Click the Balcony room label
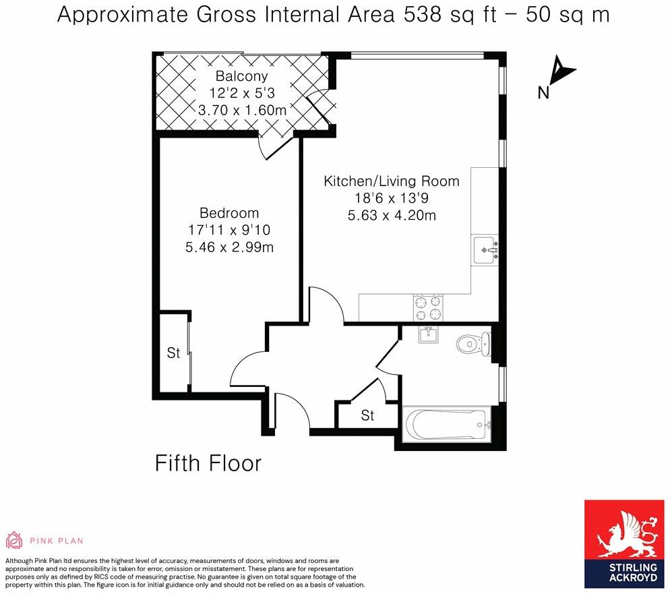(241, 76)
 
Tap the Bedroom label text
(229, 214)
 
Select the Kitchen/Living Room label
(391, 181)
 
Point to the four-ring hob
(429, 307)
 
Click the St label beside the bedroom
(173, 353)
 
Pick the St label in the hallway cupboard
(367, 415)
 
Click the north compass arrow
(561, 71)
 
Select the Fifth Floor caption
(208, 463)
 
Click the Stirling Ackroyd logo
(624, 543)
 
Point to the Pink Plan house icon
(13, 540)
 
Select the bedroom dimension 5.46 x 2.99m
(229, 247)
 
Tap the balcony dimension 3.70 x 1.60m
(241, 109)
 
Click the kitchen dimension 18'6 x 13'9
(391, 198)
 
